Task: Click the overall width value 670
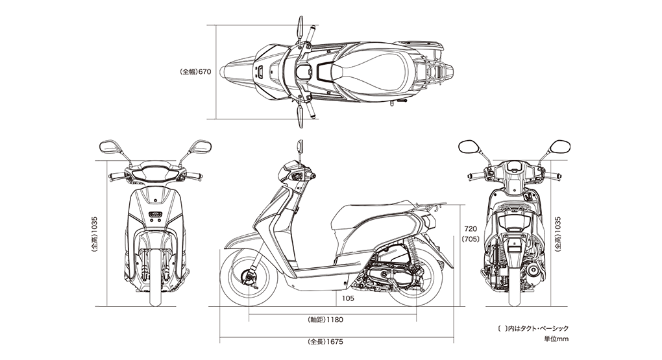tap(204, 72)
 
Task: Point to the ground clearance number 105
tap(348, 298)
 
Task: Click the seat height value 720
tap(471, 229)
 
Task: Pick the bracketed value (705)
tap(471, 239)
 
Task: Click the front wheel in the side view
tap(249, 277)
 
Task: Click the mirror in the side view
tap(300, 147)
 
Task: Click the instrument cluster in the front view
tap(155, 174)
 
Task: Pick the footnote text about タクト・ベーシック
tap(533, 328)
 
